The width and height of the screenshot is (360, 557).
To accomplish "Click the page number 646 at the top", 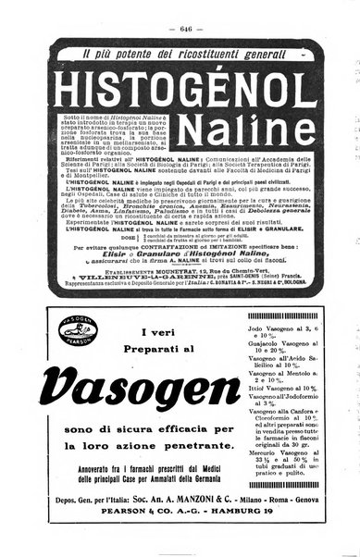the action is pyautogui.click(x=180, y=13).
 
